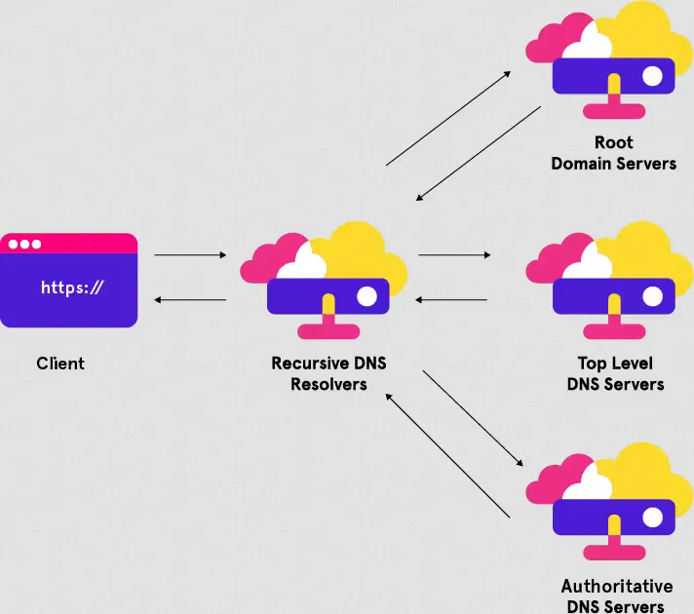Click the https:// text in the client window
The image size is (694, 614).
pyautogui.click(x=71, y=288)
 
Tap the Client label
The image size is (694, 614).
pyautogui.click(x=60, y=364)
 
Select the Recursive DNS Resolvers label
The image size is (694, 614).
pyautogui.click(x=328, y=373)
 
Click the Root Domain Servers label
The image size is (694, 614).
pyautogui.click(x=613, y=153)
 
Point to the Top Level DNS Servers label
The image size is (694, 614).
pyautogui.click(x=615, y=373)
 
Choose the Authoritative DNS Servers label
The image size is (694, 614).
pyautogui.click(x=616, y=595)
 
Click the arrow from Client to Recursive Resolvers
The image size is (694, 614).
pyautogui.click(x=190, y=255)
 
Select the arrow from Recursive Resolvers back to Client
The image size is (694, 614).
pyautogui.click(x=190, y=299)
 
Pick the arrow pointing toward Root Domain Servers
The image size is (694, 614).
pyautogui.click(x=451, y=117)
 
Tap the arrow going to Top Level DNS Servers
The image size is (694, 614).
pyautogui.click(x=454, y=255)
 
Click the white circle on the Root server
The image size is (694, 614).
pyautogui.click(x=652, y=75)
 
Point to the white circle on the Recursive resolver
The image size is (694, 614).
pyautogui.click(x=367, y=294)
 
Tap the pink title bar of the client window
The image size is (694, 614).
pyautogui.click(x=68, y=244)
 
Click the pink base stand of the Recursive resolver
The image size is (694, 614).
pyautogui.click(x=328, y=331)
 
